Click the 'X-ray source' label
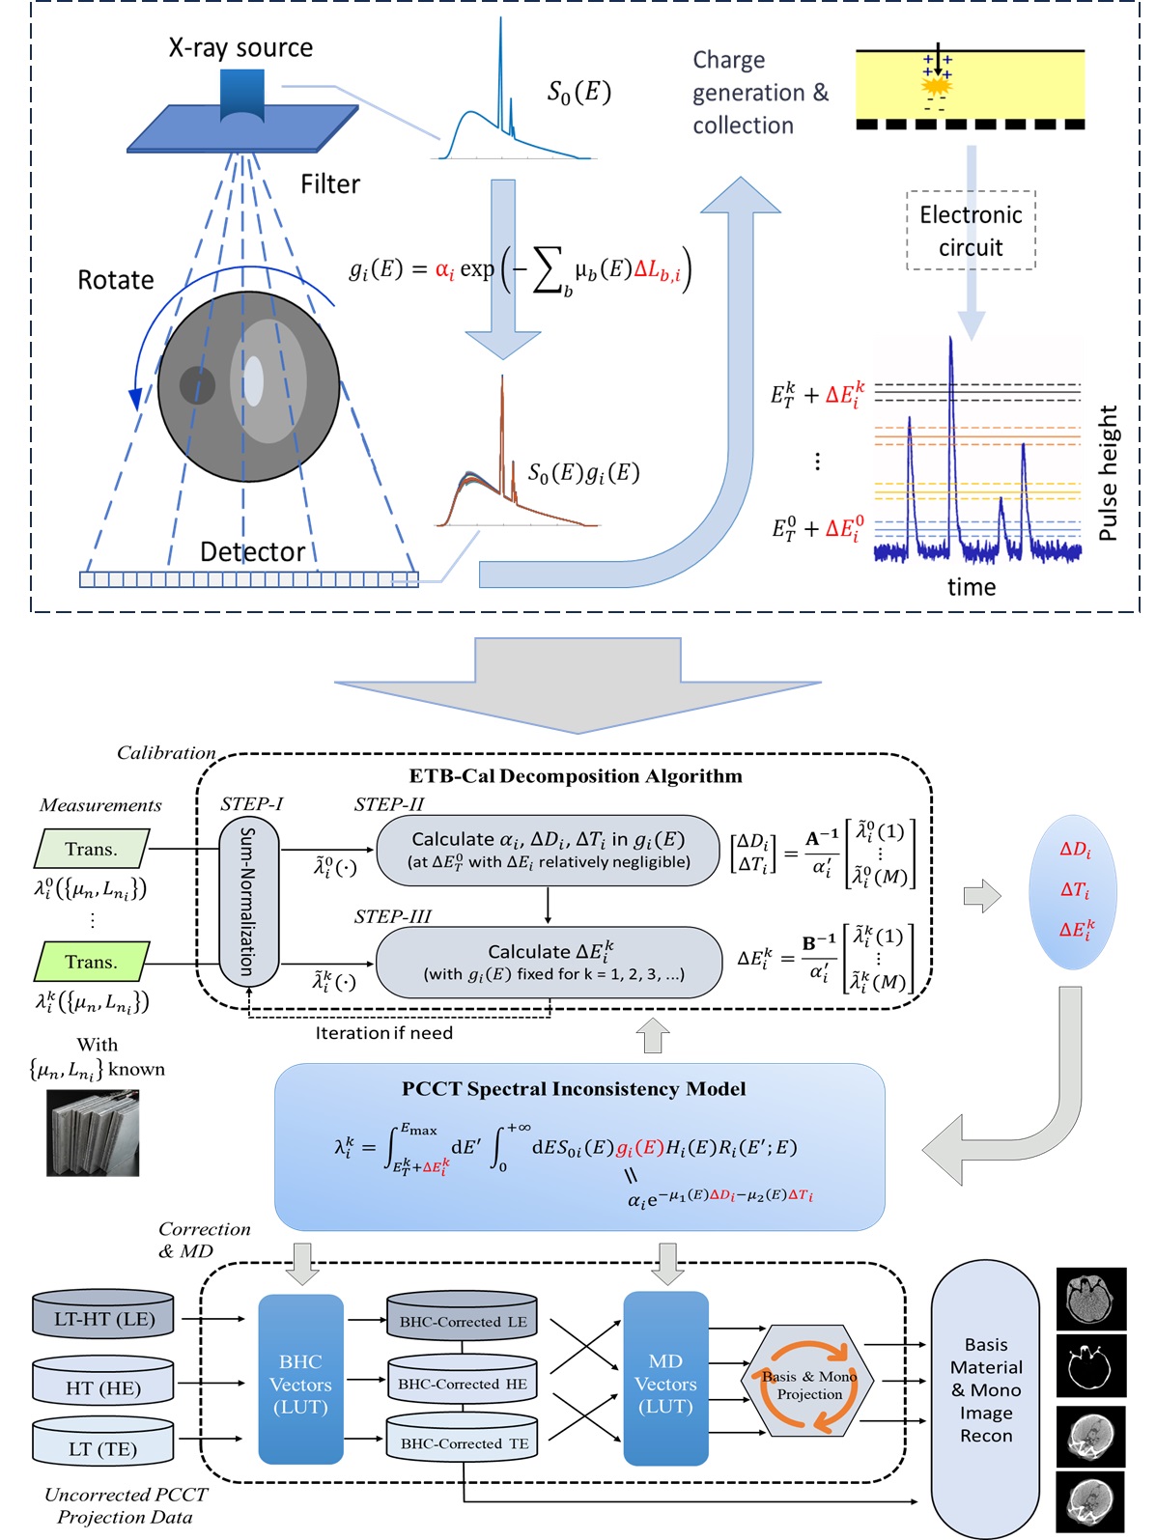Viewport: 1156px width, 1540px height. (240, 47)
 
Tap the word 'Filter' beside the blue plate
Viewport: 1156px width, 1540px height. (330, 184)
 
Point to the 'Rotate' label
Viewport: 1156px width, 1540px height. (116, 280)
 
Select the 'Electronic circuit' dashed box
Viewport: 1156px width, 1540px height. (971, 231)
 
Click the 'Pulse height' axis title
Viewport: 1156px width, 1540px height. (1109, 473)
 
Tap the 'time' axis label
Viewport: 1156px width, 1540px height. (972, 587)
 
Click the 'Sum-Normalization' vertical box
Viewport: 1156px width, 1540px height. (248, 900)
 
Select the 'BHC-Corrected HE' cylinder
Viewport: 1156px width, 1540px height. (463, 1384)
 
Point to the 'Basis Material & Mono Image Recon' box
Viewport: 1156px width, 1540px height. (985, 1390)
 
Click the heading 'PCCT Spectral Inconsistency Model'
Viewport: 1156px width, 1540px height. (574, 1089)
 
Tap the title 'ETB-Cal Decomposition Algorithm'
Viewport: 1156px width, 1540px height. (576, 776)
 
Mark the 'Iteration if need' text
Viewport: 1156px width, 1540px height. (383, 1033)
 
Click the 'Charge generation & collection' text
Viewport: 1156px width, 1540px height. (759, 93)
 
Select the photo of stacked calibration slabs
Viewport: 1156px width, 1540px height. (93, 1133)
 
